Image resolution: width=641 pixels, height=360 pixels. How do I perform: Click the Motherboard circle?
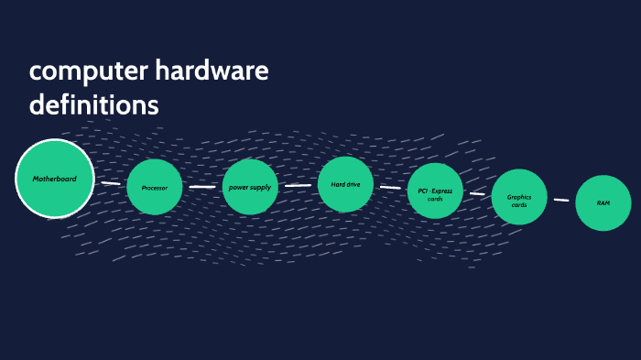point(55,178)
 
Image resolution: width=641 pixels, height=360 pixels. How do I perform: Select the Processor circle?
point(154,187)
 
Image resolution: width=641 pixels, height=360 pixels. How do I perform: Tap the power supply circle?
point(250,187)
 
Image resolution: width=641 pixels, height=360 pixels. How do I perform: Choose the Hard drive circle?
point(345,185)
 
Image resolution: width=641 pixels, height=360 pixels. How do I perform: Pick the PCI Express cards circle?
point(435,191)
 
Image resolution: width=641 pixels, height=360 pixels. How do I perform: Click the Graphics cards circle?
point(519,201)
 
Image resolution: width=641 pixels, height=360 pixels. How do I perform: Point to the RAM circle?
point(603,202)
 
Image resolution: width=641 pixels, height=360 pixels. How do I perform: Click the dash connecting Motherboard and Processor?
point(110,183)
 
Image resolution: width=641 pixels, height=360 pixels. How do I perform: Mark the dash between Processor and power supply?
point(201,187)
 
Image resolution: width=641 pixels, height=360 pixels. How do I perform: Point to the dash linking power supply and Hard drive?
point(298,185)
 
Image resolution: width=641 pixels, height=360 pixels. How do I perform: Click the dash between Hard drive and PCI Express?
point(390,188)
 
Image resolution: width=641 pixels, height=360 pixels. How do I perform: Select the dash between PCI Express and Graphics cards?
point(477,194)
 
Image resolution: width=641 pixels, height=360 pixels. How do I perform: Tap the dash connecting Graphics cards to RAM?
point(561,200)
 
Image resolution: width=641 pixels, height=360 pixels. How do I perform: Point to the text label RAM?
point(603,202)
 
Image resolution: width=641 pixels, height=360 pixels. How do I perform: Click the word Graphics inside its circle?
point(519,196)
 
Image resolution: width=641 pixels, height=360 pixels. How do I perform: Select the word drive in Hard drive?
point(353,185)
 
